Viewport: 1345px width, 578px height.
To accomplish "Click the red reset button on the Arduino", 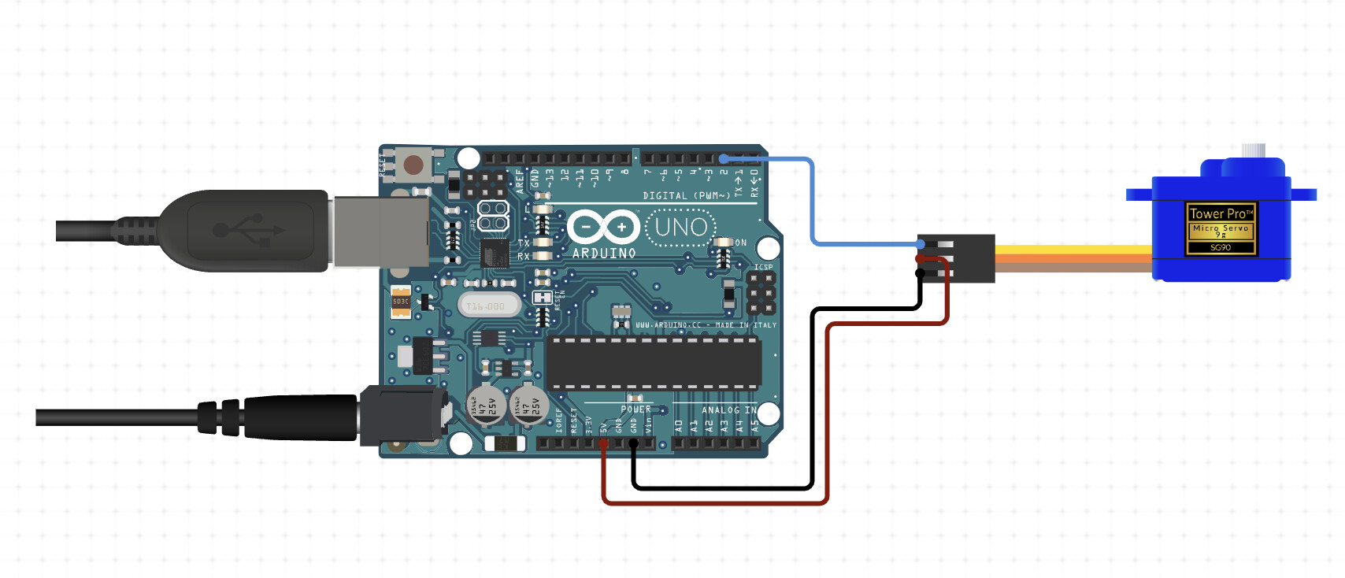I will click(x=413, y=165).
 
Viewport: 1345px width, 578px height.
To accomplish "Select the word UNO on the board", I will click(x=681, y=228).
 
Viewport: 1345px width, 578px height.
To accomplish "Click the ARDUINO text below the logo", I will click(x=604, y=254).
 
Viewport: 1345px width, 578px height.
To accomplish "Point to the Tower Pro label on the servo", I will click(x=1220, y=213).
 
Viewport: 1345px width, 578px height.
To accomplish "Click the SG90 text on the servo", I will click(x=1220, y=247).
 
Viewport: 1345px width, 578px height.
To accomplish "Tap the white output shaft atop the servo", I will click(x=1252, y=150).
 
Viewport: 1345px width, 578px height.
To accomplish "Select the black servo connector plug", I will click(x=973, y=258).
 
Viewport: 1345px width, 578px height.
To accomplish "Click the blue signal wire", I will click(x=812, y=205).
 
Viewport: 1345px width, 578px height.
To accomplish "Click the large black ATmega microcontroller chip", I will click(x=654, y=363).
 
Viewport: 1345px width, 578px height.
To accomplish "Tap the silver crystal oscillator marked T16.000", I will click(x=488, y=306).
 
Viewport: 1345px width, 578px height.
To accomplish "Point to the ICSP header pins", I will click(x=760, y=293).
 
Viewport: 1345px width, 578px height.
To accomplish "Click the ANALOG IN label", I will click(x=728, y=409).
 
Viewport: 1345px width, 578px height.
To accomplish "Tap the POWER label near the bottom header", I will click(x=635, y=409).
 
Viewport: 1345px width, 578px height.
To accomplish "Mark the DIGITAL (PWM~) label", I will click(x=686, y=195).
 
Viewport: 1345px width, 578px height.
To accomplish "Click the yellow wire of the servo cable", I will click(x=1071, y=250).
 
